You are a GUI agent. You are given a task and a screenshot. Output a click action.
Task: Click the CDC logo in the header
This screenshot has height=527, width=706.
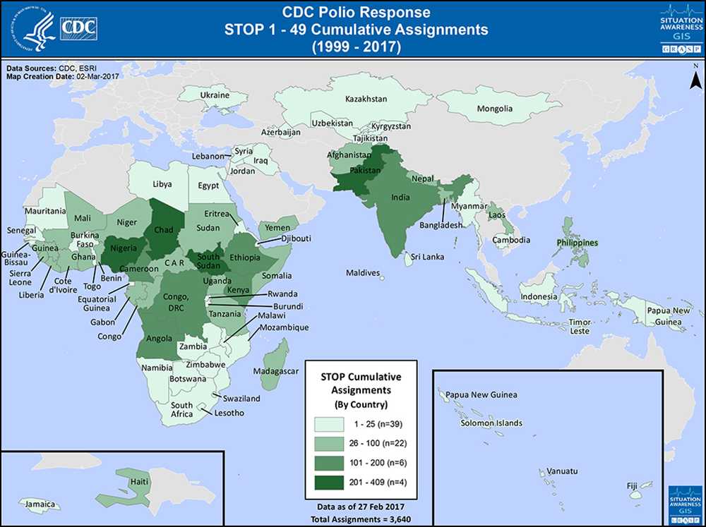click(x=80, y=28)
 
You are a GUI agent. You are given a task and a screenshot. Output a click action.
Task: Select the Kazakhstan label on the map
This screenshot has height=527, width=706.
click(x=366, y=99)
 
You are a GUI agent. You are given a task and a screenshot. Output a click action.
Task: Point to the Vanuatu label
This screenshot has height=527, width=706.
click(x=562, y=471)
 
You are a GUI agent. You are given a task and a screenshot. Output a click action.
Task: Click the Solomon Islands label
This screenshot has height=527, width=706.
click(x=491, y=423)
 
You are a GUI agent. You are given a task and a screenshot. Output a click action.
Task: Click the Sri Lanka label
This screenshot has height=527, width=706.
click(x=429, y=257)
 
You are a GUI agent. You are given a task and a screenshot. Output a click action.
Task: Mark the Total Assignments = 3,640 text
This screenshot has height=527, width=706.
click(x=360, y=520)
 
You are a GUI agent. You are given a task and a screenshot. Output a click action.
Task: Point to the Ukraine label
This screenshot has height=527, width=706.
click(x=215, y=95)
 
